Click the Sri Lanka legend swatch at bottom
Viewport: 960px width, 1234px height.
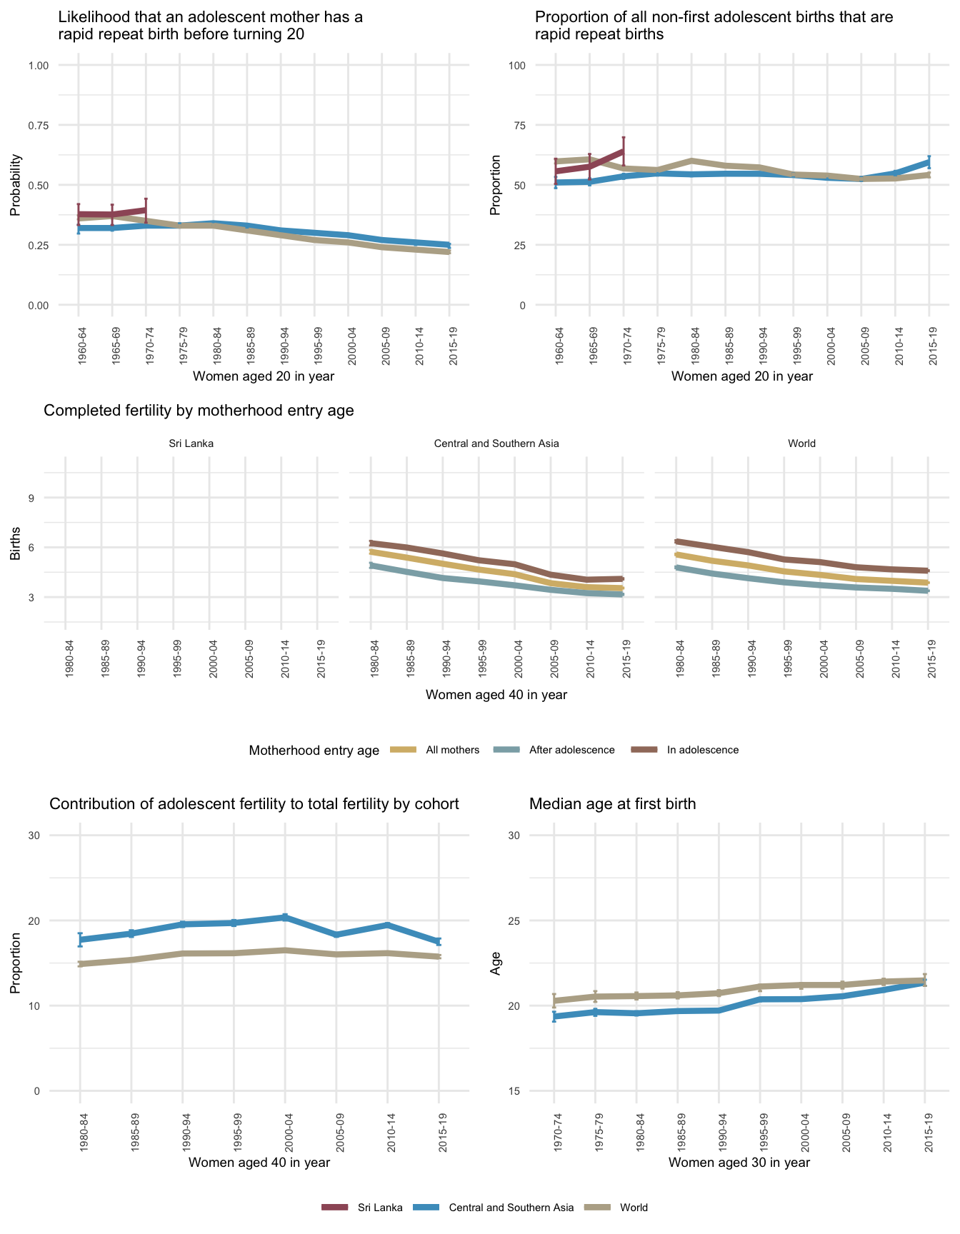click(334, 1208)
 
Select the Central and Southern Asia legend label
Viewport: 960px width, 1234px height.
click(511, 1208)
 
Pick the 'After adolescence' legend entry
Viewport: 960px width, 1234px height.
click(571, 750)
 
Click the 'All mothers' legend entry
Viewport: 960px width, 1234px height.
click(452, 750)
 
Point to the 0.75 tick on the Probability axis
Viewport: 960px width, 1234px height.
click(38, 126)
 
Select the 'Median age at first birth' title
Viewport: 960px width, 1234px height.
click(612, 804)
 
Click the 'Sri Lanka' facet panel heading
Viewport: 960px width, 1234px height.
click(191, 443)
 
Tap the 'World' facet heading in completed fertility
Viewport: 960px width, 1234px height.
click(801, 443)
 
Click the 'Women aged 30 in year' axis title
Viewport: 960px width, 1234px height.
click(739, 1162)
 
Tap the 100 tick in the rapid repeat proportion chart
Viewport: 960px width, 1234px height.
click(516, 66)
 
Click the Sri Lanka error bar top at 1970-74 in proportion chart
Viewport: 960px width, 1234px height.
click(624, 137)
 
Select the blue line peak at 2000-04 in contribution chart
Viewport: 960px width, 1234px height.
click(285, 917)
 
